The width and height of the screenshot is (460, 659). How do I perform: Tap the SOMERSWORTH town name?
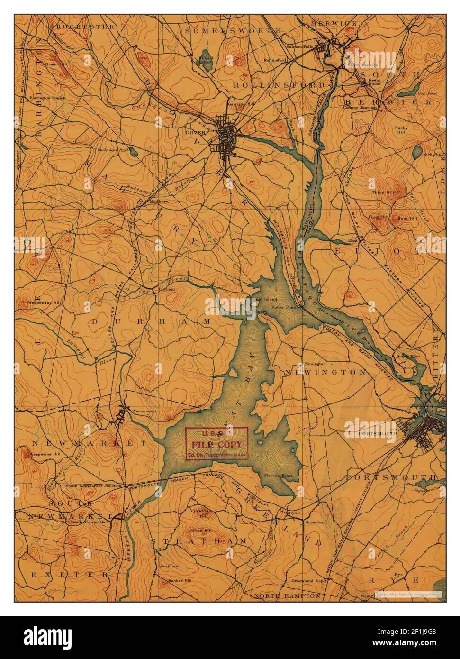tap(233, 30)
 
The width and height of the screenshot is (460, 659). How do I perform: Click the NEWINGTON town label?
tap(325, 373)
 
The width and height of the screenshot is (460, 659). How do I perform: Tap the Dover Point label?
tap(283, 307)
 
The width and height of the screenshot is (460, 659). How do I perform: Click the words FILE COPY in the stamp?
tap(216, 445)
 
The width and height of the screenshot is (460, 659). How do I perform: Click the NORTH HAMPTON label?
tap(287, 595)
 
